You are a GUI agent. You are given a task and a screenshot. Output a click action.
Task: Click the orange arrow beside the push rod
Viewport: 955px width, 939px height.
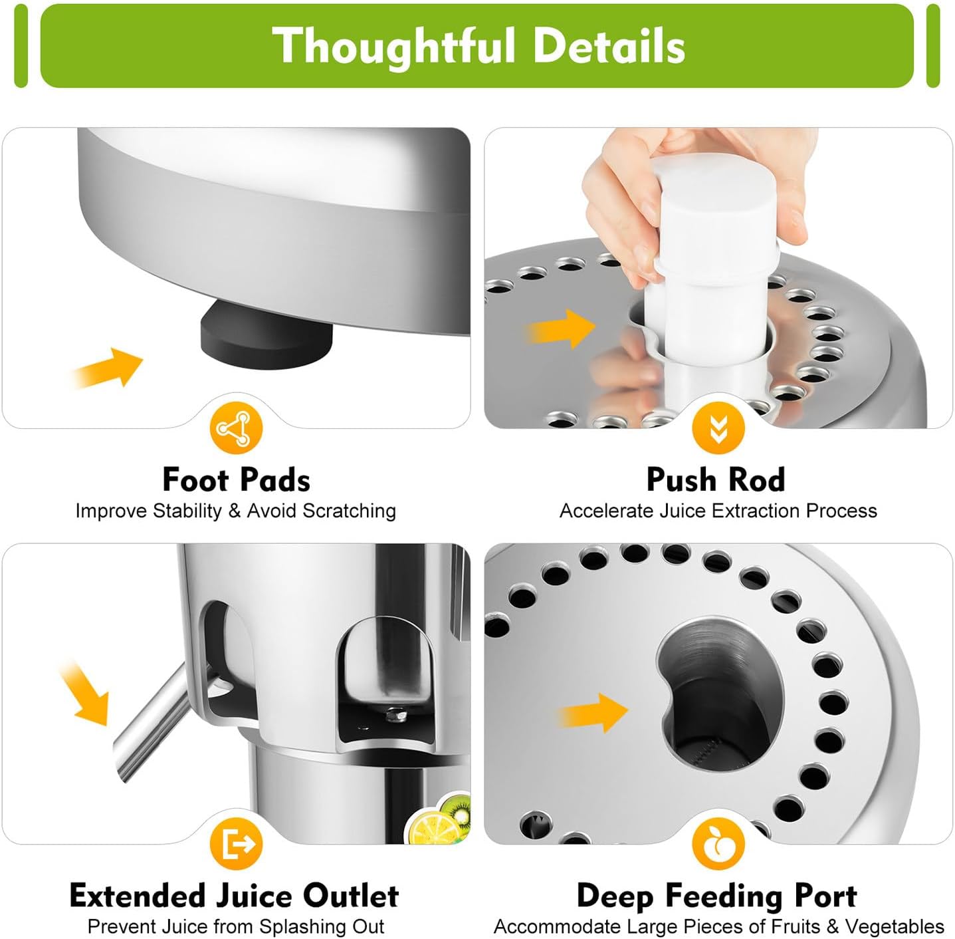[562, 328]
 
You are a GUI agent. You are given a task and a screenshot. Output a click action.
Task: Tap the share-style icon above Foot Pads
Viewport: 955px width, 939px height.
[236, 429]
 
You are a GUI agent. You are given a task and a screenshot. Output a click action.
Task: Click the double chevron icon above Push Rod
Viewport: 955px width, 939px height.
[718, 429]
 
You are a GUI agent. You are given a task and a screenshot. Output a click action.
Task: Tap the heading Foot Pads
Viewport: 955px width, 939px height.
[236, 479]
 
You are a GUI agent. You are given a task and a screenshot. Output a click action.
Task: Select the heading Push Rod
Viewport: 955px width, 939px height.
[716, 479]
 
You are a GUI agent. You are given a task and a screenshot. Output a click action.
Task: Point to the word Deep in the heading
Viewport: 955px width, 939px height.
[615, 896]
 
